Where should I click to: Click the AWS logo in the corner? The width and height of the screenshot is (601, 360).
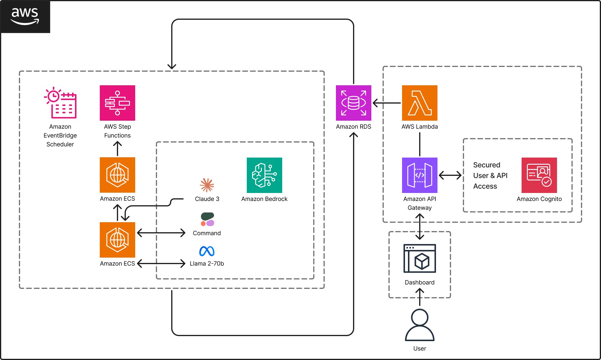pyautogui.click(x=25, y=17)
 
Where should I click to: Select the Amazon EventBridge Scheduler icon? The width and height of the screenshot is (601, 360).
pyautogui.click(x=61, y=103)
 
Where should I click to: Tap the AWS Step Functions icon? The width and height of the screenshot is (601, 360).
pyautogui.click(x=117, y=103)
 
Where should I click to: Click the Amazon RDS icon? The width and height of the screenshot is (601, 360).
pyautogui.click(x=353, y=103)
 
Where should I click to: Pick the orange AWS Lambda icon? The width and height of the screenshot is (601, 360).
pyautogui.click(x=419, y=103)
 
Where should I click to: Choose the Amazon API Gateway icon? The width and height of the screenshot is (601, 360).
pyautogui.click(x=419, y=175)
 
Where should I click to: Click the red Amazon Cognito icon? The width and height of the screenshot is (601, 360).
pyautogui.click(x=539, y=175)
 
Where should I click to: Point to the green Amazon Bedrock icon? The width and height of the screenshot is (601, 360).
pyautogui.click(x=264, y=175)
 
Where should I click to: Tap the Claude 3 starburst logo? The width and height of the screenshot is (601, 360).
pyautogui.click(x=207, y=185)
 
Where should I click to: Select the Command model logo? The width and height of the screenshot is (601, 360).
pyautogui.click(x=207, y=220)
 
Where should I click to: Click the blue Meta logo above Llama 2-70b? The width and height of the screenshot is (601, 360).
pyautogui.click(x=207, y=251)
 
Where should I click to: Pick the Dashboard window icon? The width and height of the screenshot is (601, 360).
pyautogui.click(x=419, y=258)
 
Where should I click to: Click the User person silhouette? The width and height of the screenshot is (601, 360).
pyautogui.click(x=419, y=325)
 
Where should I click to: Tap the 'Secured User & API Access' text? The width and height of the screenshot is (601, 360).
pyautogui.click(x=490, y=176)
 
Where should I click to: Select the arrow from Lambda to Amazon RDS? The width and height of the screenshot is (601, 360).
pyautogui.click(x=387, y=103)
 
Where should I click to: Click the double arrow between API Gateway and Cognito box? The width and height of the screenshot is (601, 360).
pyautogui.click(x=450, y=175)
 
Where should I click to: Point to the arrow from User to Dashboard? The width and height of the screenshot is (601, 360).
pyautogui.click(x=419, y=297)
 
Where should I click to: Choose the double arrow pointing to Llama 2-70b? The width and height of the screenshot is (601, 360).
pyautogui.click(x=161, y=264)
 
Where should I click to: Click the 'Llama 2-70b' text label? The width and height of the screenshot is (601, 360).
pyautogui.click(x=207, y=264)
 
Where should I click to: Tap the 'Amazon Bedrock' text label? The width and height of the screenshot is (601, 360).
pyautogui.click(x=264, y=199)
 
